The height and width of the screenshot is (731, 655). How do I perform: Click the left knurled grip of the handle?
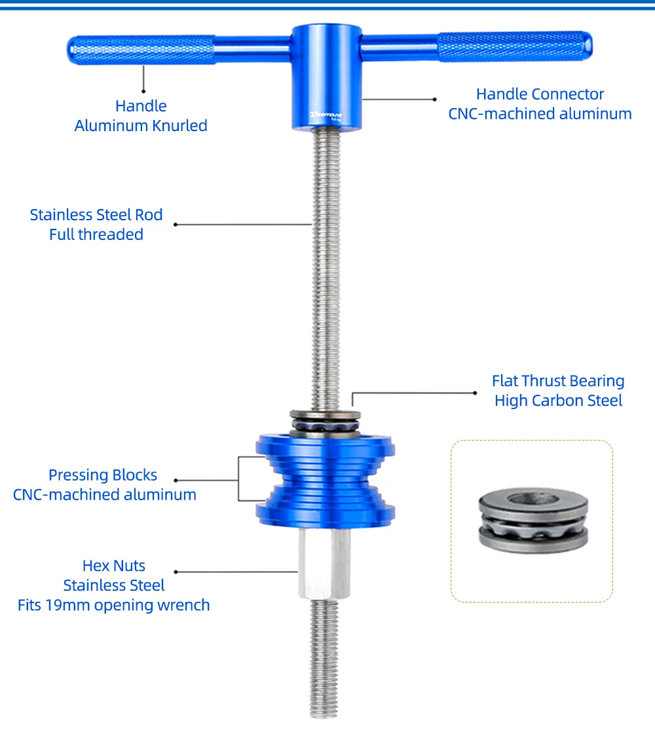click(141, 50)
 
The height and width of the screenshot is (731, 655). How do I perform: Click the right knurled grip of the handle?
click(514, 47)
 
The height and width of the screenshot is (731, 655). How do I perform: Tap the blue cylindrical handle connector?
click(326, 72)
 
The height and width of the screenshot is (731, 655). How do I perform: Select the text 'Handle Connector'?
click(540, 94)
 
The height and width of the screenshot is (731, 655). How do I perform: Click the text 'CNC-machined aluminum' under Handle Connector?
click(540, 114)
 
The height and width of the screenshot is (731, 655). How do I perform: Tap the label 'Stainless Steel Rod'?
click(96, 215)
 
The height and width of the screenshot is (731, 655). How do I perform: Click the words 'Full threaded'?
click(96, 235)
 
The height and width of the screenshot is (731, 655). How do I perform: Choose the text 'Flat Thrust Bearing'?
click(558, 382)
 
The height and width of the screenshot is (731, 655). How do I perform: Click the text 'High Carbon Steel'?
click(558, 401)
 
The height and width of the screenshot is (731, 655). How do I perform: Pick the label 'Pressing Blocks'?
click(103, 475)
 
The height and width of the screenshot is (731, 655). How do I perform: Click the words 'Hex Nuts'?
click(114, 566)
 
